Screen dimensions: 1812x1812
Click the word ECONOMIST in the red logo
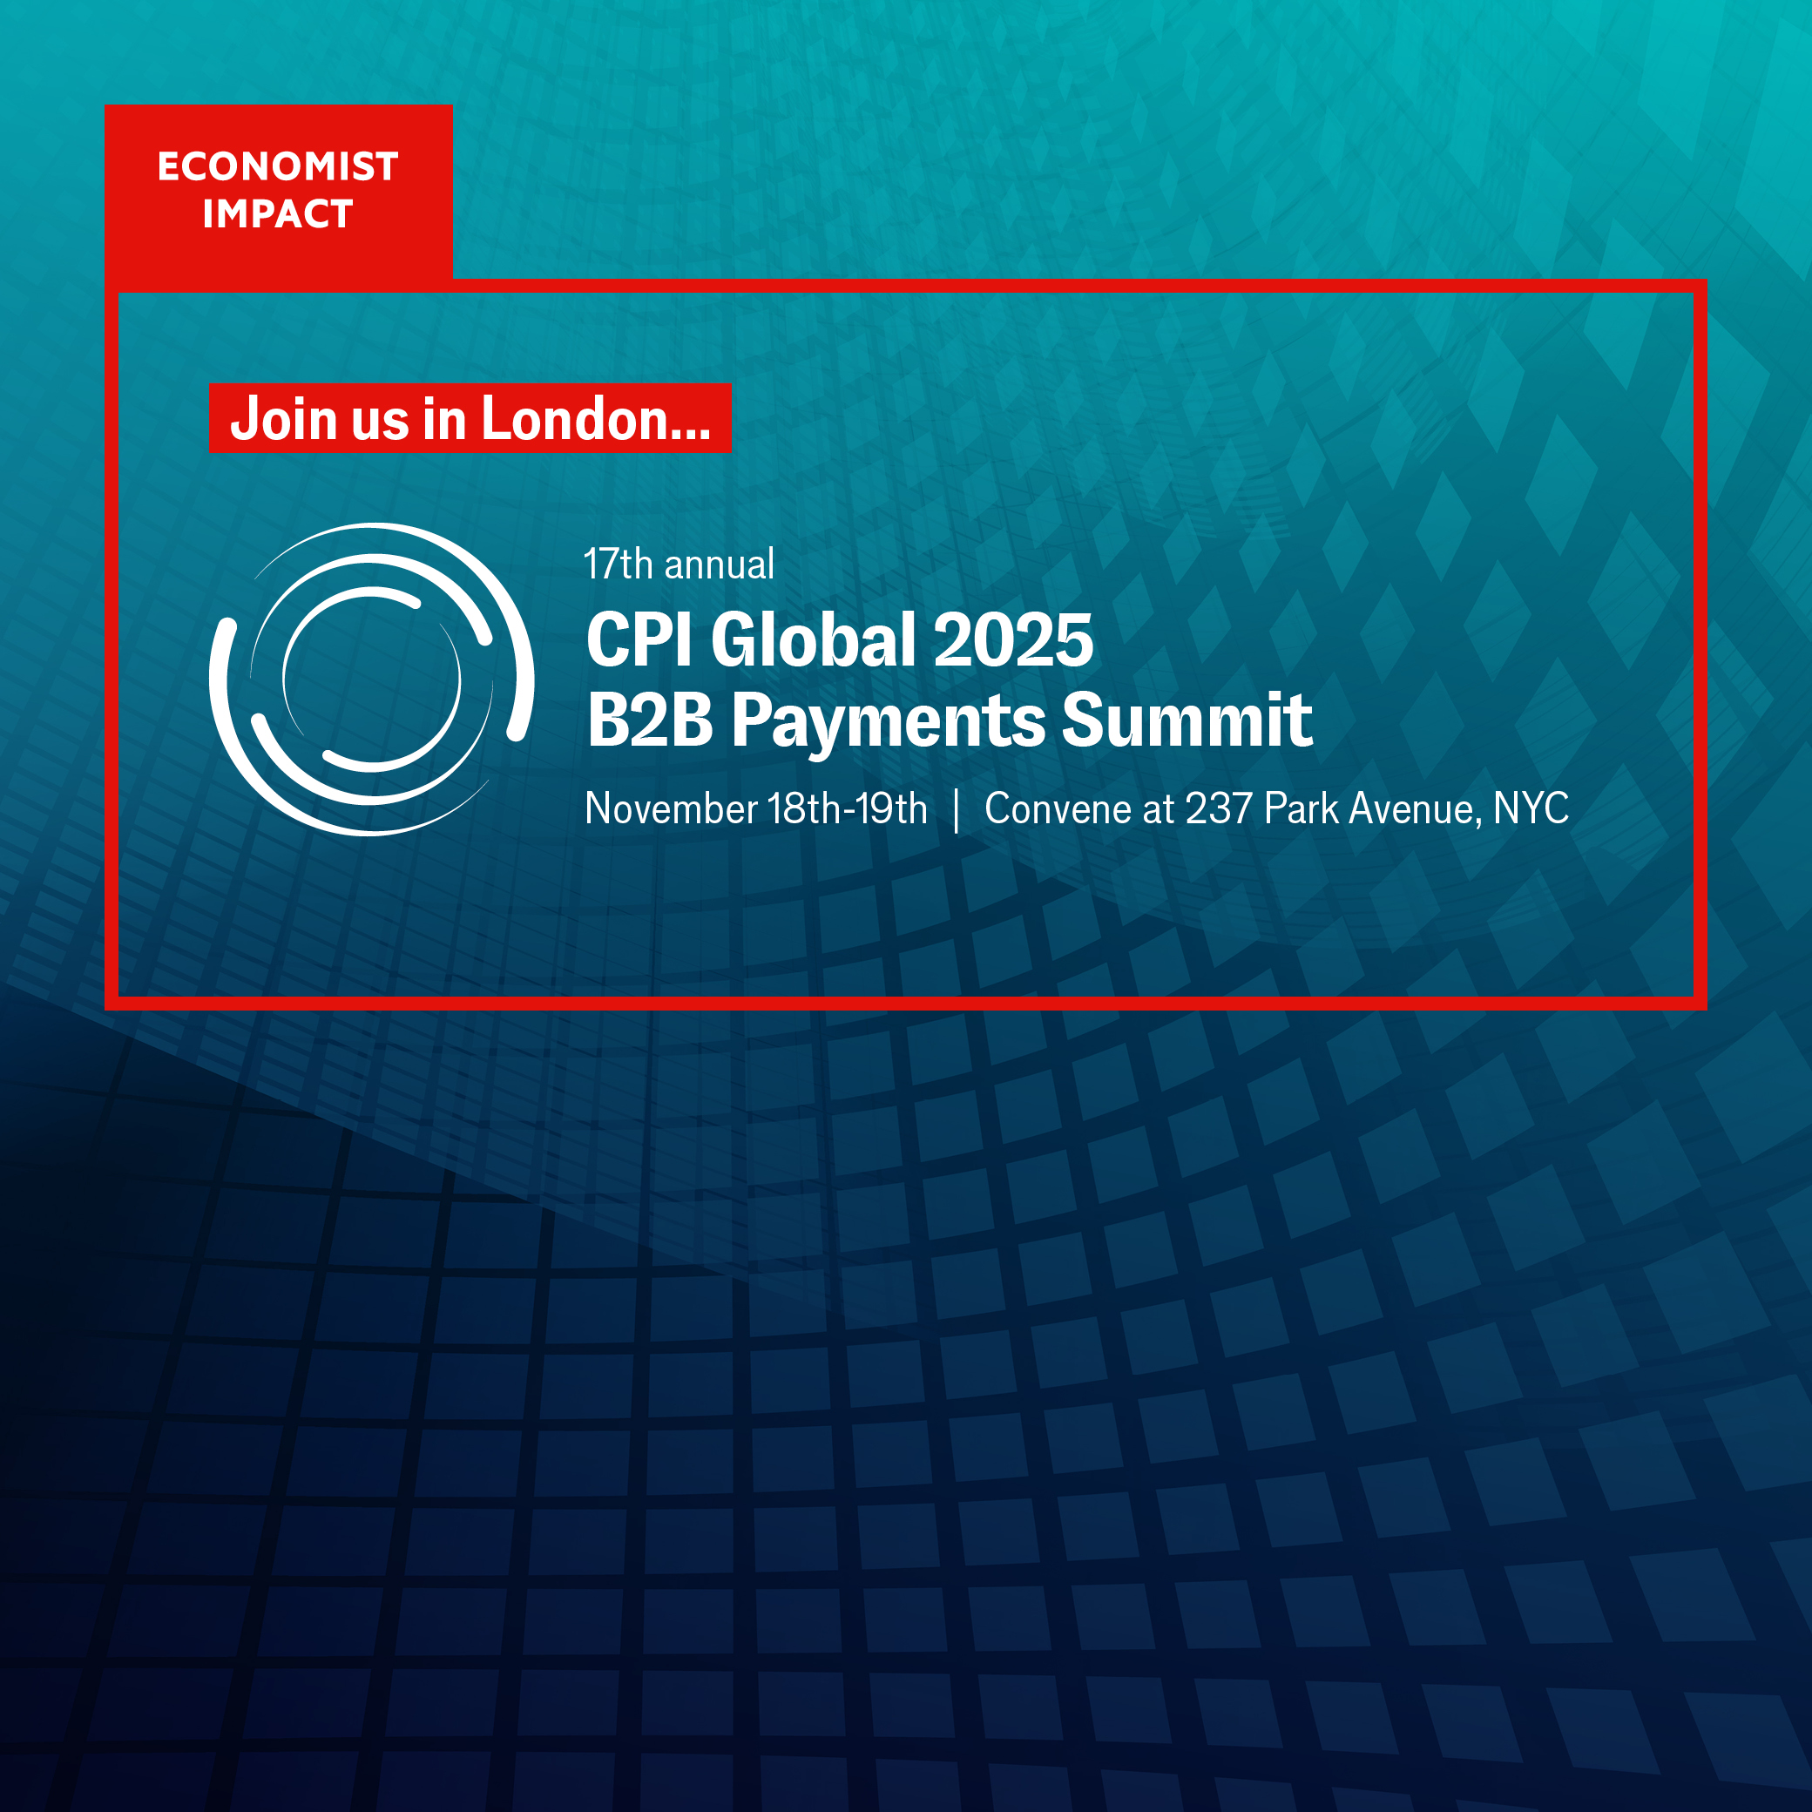[x=278, y=167]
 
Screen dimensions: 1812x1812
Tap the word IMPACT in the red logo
[x=278, y=213]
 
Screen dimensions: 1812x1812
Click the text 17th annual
[x=679, y=565]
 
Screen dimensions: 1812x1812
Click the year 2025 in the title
[x=1014, y=640]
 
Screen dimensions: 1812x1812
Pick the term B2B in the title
[x=650, y=720]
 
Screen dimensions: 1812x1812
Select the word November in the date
[x=672, y=808]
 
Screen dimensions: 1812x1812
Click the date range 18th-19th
[x=848, y=808]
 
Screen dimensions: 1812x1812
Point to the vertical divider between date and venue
[x=956, y=810]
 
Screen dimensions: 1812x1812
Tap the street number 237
[x=1220, y=808]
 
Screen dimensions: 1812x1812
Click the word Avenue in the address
[x=1416, y=809]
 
